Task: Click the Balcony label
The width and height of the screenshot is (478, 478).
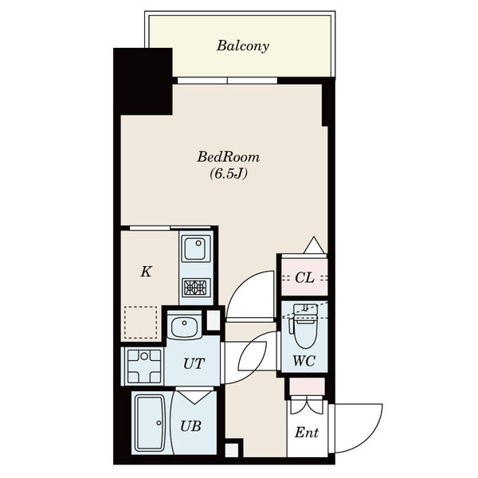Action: point(243,46)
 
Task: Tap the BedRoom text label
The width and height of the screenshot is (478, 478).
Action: point(229,157)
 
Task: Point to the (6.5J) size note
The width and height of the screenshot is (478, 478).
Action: point(229,174)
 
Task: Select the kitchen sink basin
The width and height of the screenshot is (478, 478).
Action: point(195,248)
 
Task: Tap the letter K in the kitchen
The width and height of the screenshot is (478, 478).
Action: point(147,272)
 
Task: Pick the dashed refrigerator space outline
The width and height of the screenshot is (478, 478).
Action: point(140,323)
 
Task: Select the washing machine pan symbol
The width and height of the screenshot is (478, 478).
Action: point(144,366)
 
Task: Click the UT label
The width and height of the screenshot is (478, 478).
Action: point(194,363)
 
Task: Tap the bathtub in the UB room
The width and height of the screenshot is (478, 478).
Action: point(151,423)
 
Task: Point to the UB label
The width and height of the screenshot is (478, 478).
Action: point(190,426)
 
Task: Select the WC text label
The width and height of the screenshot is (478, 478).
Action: point(304,361)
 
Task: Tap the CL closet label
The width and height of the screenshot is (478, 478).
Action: point(304,278)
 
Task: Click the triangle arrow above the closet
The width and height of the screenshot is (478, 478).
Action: point(314,245)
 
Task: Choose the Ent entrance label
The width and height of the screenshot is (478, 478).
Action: point(307,433)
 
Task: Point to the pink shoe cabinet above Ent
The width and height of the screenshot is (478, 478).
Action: point(307,386)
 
